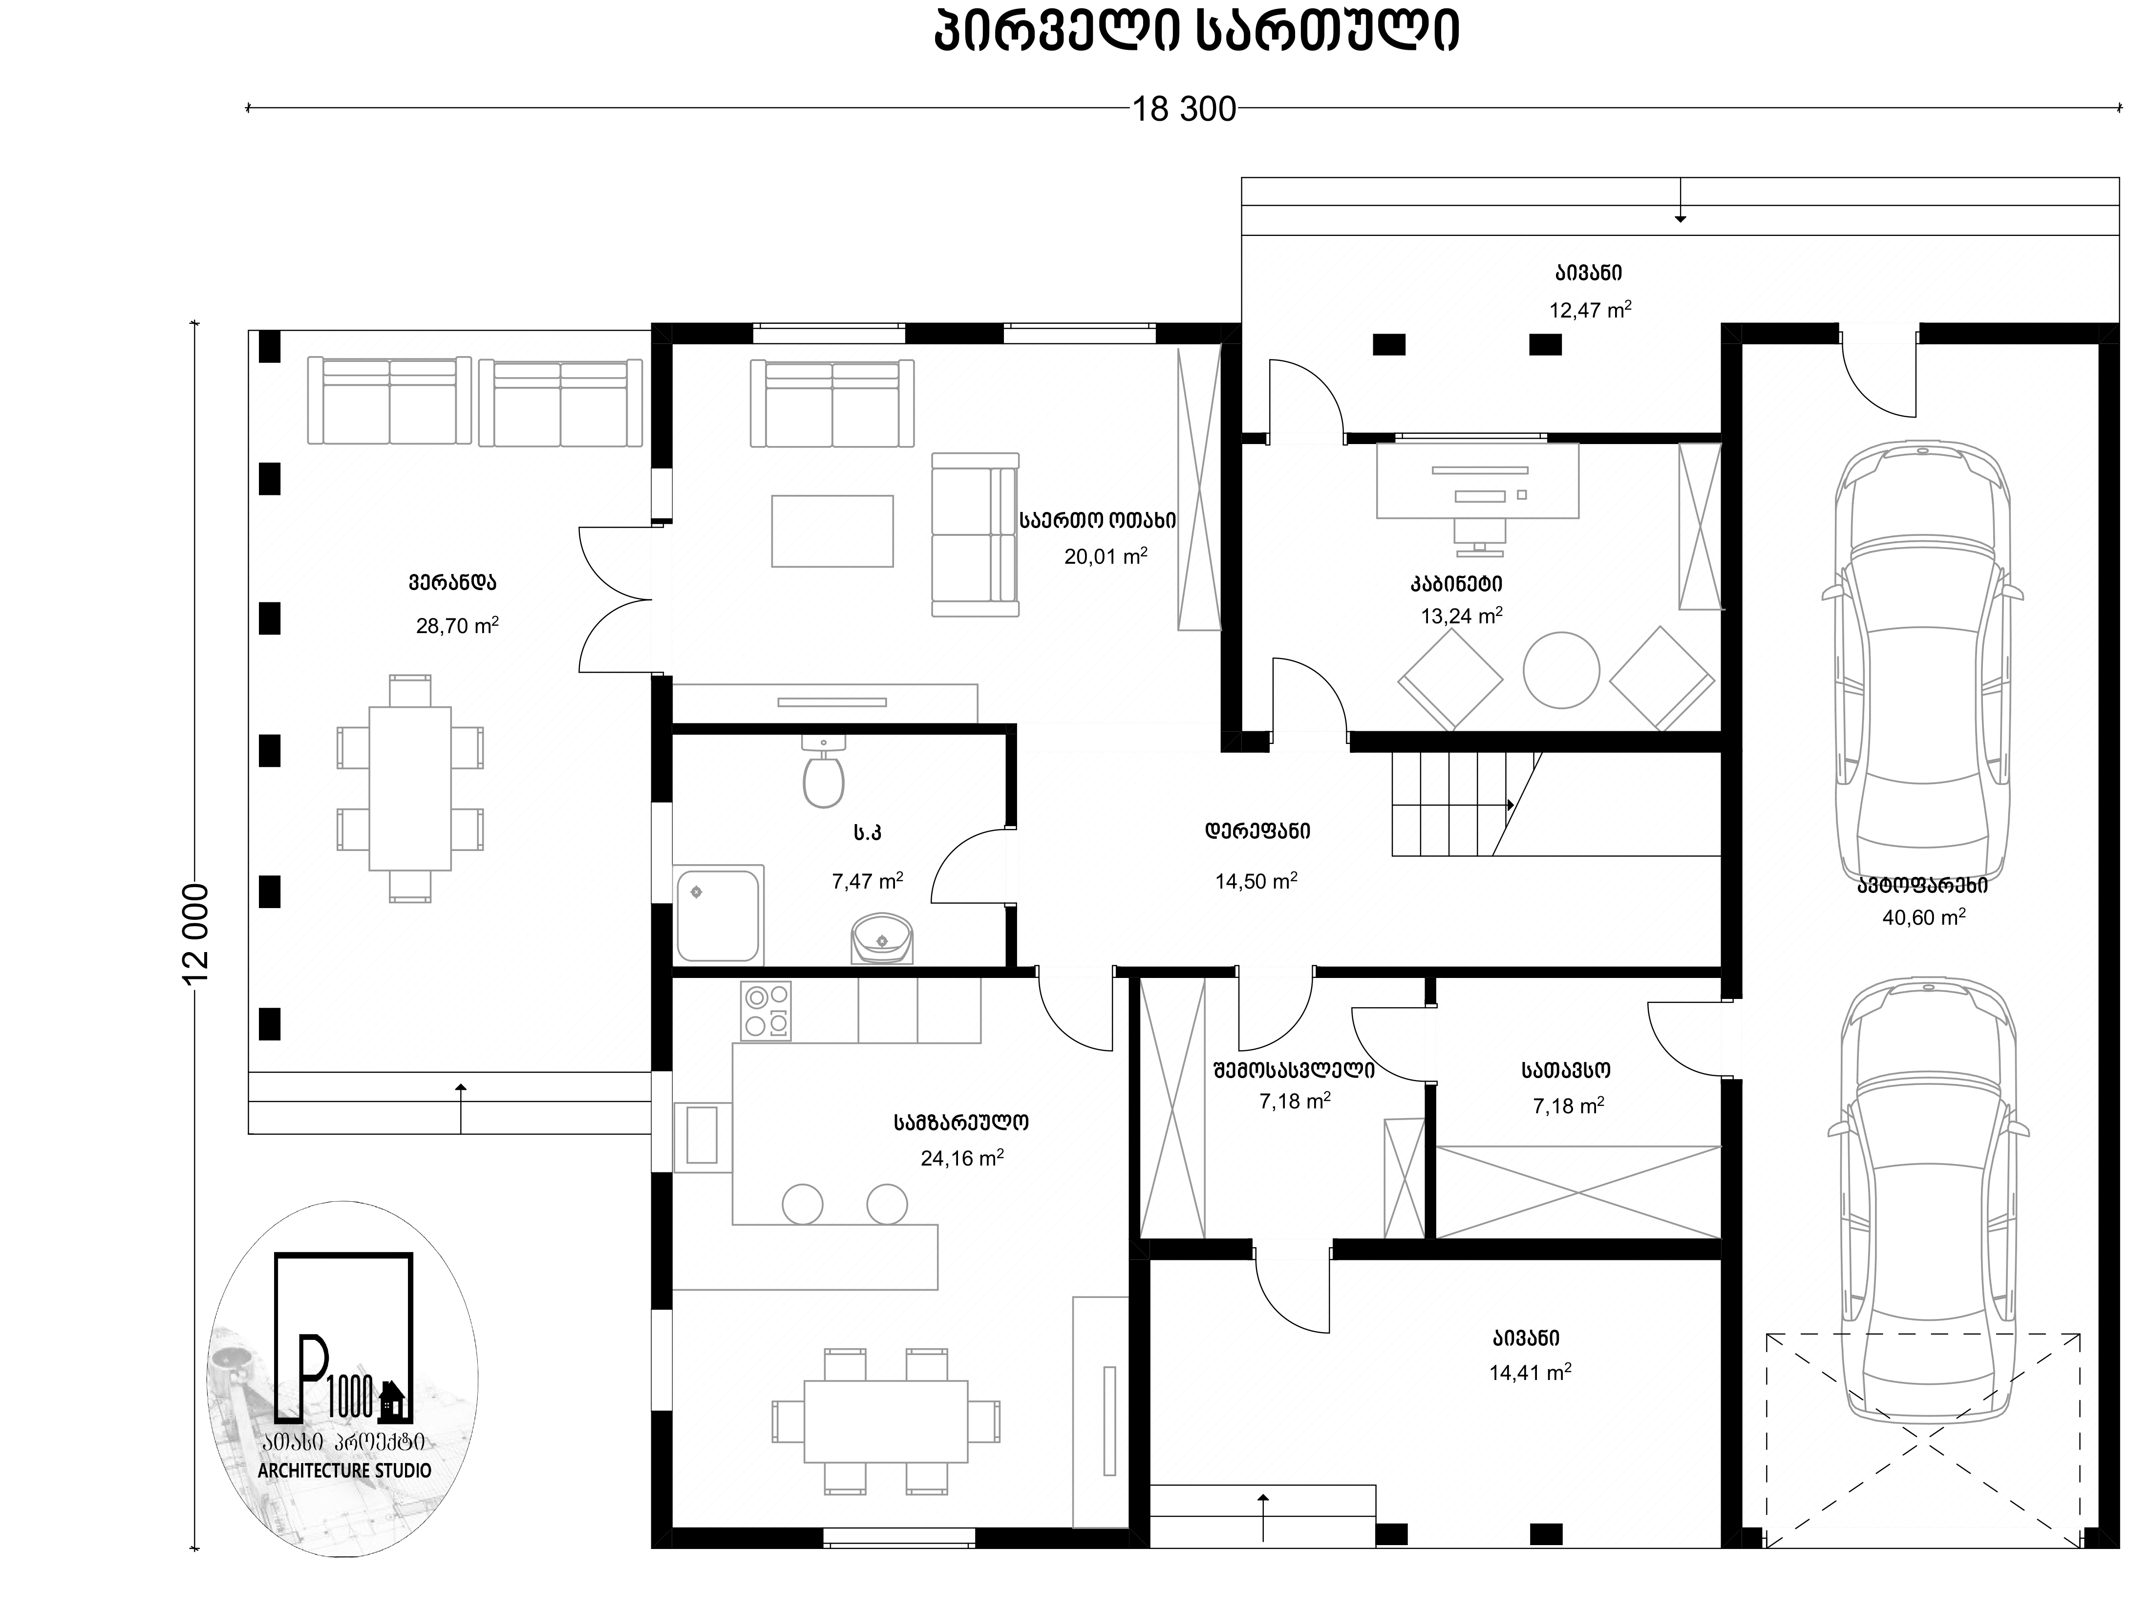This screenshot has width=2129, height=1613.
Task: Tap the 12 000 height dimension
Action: tap(195, 934)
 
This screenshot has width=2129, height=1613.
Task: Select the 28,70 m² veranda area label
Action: tap(457, 626)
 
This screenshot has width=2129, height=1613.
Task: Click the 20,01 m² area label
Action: tap(1106, 555)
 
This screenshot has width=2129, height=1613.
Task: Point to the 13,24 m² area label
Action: tap(1461, 616)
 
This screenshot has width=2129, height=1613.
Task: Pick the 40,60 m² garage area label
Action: tap(1923, 917)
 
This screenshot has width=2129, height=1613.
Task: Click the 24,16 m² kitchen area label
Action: tap(961, 1158)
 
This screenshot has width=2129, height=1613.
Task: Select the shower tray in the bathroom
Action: tap(719, 915)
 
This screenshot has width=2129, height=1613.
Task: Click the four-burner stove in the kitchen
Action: tap(766, 1011)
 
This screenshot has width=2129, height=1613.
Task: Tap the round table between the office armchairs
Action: tap(1561, 670)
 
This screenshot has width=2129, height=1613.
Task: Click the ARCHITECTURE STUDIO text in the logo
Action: tap(344, 1470)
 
